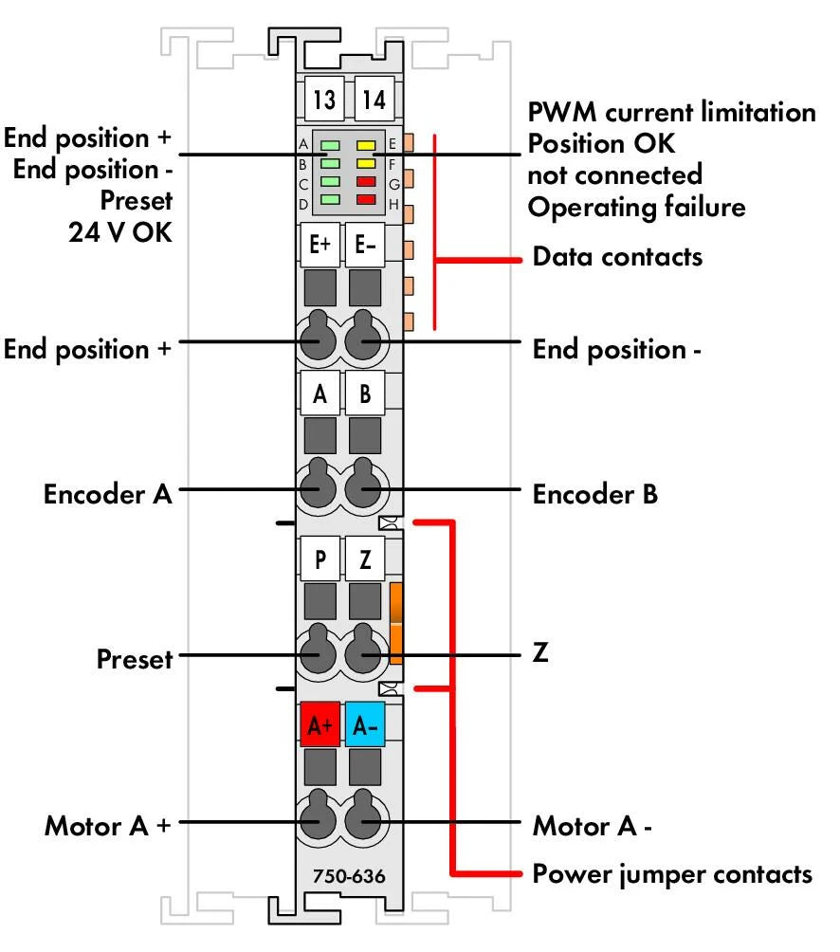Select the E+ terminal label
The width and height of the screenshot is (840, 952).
(320, 244)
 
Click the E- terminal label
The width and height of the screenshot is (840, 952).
(365, 244)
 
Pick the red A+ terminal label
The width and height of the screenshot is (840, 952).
(320, 725)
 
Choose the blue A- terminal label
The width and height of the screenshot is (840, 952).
(365, 725)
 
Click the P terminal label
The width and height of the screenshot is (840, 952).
(320, 558)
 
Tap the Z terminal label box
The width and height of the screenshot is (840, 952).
(365, 558)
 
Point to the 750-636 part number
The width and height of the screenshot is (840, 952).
(348, 876)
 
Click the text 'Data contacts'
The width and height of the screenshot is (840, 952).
(617, 257)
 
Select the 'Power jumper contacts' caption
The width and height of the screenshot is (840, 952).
(672, 873)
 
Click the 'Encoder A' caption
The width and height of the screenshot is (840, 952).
(108, 494)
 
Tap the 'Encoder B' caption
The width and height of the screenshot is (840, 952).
(594, 494)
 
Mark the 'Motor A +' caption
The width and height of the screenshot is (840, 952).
(108, 826)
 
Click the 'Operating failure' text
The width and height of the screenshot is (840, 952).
(635, 208)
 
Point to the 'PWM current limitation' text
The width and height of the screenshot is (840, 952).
(670, 113)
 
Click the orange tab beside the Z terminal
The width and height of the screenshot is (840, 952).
(397, 623)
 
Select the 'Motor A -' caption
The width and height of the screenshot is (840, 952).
(592, 826)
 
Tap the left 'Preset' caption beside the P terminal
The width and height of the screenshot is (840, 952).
(135, 659)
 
